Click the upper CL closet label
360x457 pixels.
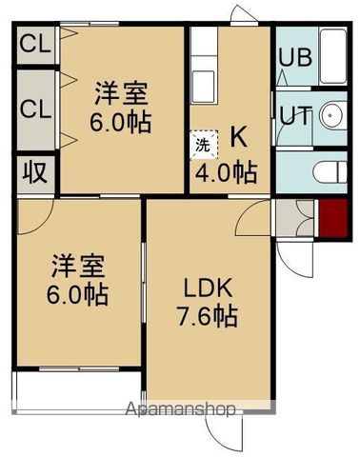tap(34, 43)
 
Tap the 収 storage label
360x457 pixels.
tap(35, 174)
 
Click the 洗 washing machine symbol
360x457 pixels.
tap(204, 147)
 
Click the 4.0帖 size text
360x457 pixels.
tap(226, 173)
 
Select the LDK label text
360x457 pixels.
tap(203, 288)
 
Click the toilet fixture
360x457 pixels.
tap(328, 172)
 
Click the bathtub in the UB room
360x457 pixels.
tap(332, 56)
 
